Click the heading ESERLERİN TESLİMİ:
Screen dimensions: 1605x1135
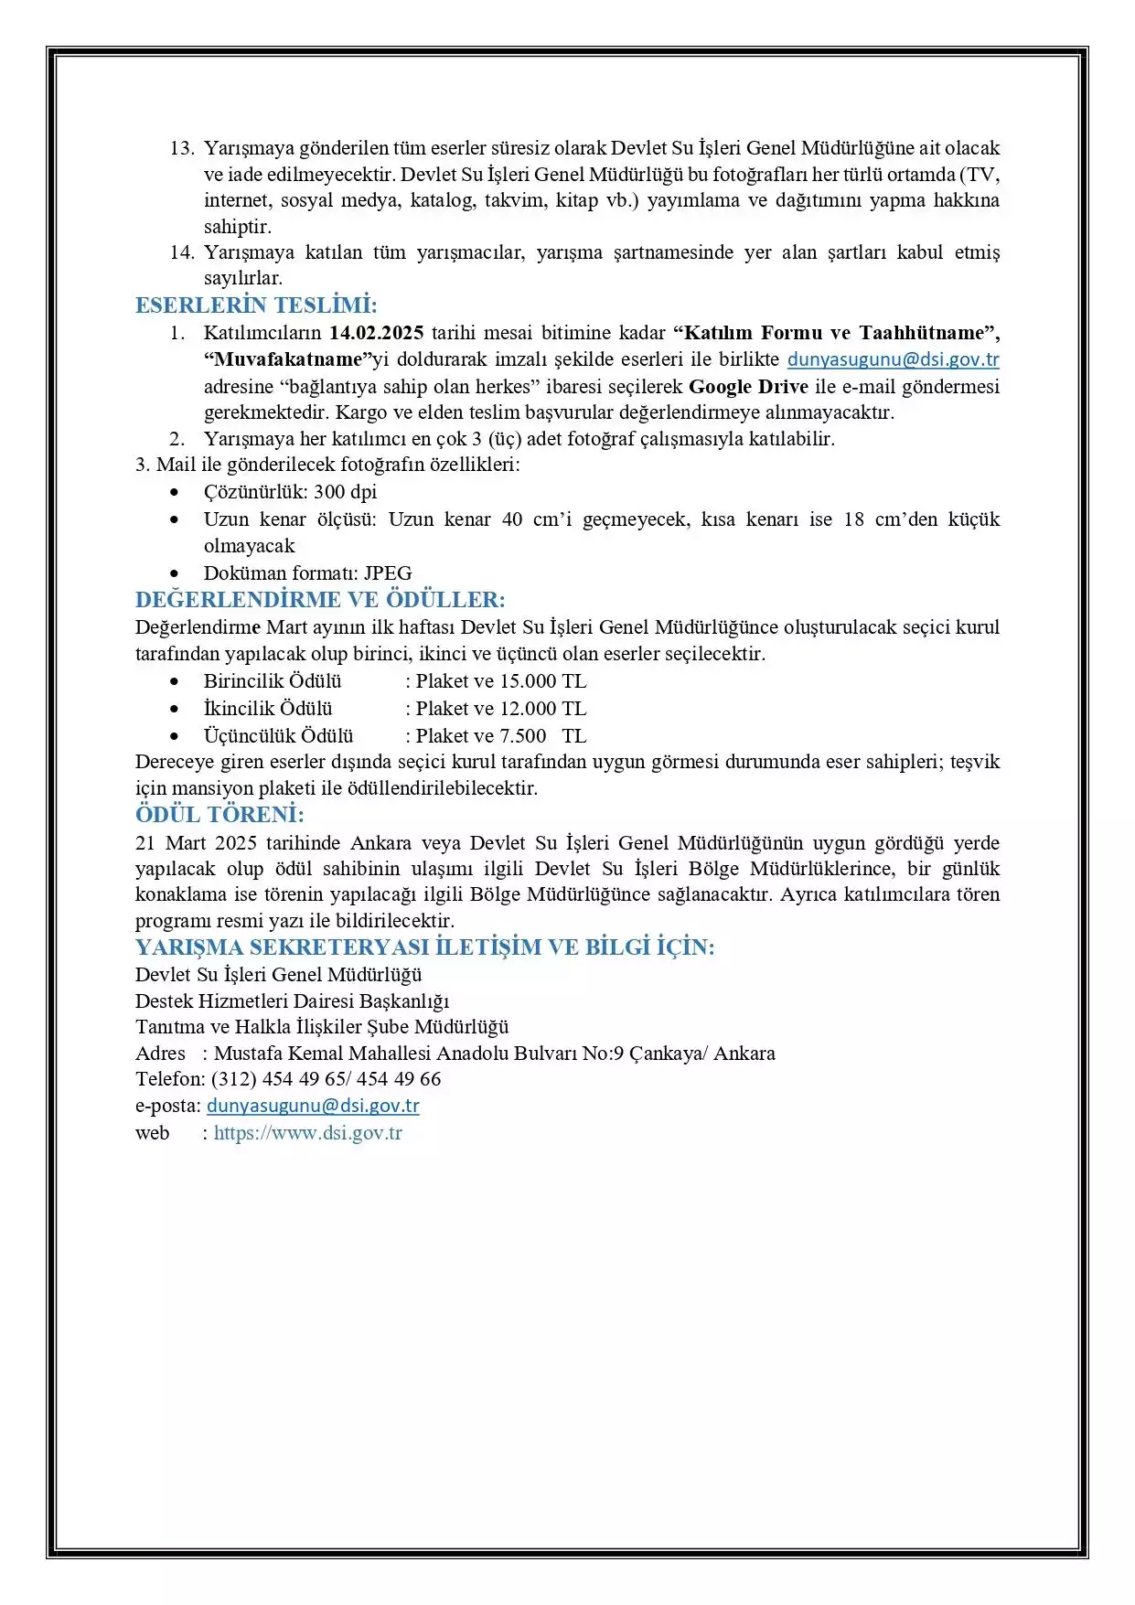click(256, 305)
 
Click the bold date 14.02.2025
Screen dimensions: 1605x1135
click(376, 333)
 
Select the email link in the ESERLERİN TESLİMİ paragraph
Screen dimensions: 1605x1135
click(893, 359)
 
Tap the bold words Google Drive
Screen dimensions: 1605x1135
click(748, 386)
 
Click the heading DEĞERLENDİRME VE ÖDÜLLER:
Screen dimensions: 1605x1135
click(320, 600)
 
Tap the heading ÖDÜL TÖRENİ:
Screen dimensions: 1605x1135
click(220, 815)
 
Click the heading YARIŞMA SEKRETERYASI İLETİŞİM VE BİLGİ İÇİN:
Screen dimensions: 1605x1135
click(425, 947)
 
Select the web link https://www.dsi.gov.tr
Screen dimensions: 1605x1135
click(308, 1133)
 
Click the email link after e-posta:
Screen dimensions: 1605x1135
click(313, 1106)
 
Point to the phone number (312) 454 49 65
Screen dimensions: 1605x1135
click(279, 1079)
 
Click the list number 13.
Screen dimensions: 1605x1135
click(182, 148)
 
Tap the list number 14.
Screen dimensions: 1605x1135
click(182, 252)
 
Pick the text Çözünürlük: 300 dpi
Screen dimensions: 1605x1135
click(290, 492)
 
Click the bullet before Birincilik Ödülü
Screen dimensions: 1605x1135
click(175, 681)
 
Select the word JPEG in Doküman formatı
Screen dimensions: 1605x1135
click(388, 573)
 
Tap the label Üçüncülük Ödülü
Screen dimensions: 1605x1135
click(278, 736)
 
